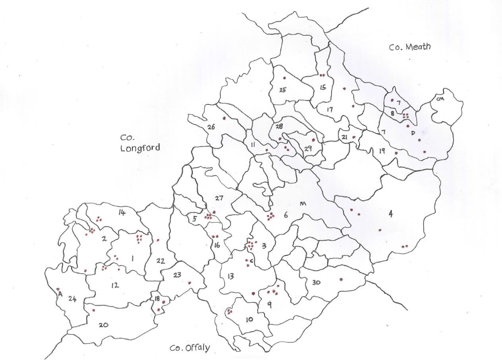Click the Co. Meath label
(409, 47)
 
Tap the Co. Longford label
(140, 143)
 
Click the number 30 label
(316, 283)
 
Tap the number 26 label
(211, 127)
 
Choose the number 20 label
(103, 325)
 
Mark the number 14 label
(122, 213)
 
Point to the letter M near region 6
(303, 204)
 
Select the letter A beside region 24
(61, 294)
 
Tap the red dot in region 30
(341, 279)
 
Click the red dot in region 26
(224, 118)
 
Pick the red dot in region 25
(284, 78)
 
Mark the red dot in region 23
(189, 283)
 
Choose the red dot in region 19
(396, 153)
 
